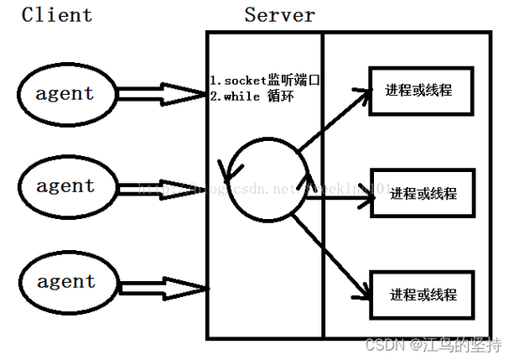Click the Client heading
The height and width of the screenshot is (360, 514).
pyautogui.click(x=57, y=14)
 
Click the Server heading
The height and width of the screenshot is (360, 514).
pyautogui.click(x=280, y=14)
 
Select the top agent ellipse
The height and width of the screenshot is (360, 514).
pyautogui.click(x=65, y=93)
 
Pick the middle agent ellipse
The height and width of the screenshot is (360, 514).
pyautogui.click(x=65, y=185)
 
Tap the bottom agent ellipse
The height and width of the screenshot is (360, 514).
pyautogui.click(x=65, y=282)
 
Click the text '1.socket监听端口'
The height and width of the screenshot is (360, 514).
pyautogui.click(x=266, y=81)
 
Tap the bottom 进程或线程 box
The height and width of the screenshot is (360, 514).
pyautogui.click(x=422, y=295)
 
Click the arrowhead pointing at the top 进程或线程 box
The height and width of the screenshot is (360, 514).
pyautogui.click(x=363, y=91)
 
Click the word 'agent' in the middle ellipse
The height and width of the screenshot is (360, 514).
pyautogui.click(x=65, y=185)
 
